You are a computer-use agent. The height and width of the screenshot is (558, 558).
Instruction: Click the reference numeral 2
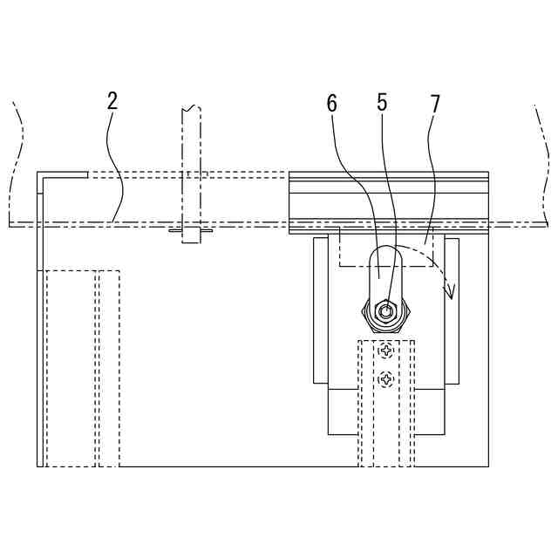point(112,101)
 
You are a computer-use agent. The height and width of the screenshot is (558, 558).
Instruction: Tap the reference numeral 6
point(331,104)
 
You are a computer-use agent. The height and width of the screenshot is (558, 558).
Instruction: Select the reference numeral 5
point(382,103)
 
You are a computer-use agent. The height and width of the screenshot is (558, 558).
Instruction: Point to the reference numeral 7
point(435,103)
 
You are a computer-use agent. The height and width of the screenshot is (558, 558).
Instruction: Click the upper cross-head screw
point(386,350)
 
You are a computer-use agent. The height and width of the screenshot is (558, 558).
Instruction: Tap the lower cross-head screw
point(386,378)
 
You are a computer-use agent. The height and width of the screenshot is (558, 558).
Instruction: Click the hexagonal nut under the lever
point(385,315)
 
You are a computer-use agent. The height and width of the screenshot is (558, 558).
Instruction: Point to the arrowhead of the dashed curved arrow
point(450,290)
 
